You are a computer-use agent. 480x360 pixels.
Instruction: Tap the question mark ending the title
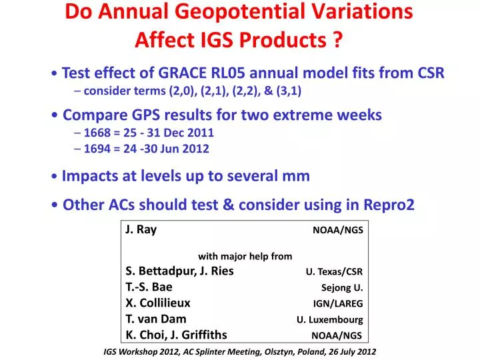[x=337, y=40]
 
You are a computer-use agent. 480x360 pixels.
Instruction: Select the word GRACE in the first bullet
[x=182, y=73]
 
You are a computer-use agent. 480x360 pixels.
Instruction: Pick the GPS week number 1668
[x=97, y=133]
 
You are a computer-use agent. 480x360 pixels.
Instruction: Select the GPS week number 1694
[x=97, y=149]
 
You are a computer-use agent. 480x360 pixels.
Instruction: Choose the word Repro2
[x=389, y=205]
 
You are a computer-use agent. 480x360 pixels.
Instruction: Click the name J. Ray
[x=141, y=229]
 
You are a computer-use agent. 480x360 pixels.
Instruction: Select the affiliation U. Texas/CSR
[x=334, y=271]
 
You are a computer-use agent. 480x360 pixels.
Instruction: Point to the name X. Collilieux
[x=158, y=303]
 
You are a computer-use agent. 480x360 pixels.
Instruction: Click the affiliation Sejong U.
[x=342, y=288]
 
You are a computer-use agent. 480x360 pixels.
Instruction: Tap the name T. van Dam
[x=156, y=319]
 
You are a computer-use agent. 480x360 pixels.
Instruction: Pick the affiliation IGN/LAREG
[x=337, y=304]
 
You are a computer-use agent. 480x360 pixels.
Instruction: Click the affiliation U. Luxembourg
[x=330, y=320]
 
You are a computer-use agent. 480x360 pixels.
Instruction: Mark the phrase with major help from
[x=245, y=257]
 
